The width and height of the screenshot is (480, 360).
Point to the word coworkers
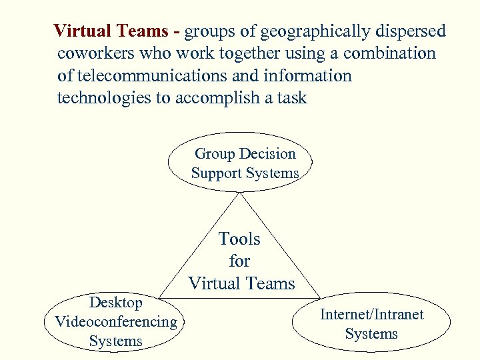point(95,54)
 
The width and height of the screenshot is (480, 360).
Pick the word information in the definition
point(311,76)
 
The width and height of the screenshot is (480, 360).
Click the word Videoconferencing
point(116,322)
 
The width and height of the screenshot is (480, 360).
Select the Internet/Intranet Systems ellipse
point(371,324)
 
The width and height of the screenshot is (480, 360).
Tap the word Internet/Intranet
point(371,315)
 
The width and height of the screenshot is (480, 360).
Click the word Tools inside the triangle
point(239,239)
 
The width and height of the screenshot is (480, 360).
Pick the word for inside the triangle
point(239,261)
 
